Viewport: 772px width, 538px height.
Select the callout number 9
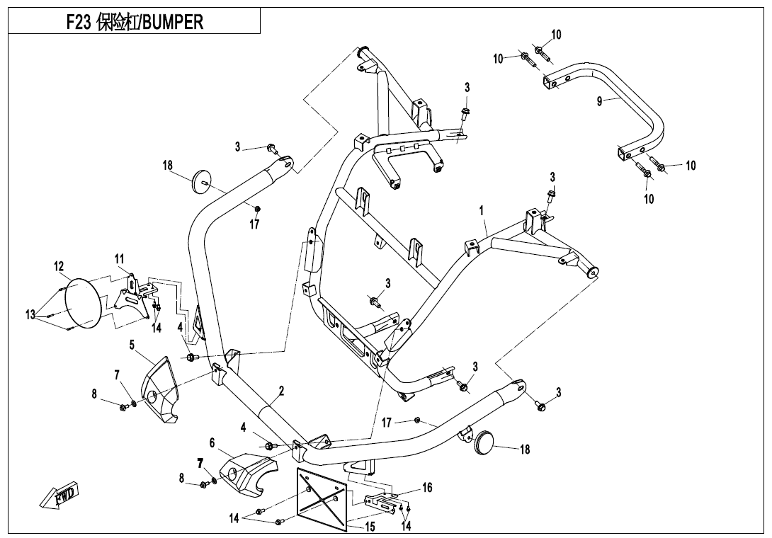[599, 101]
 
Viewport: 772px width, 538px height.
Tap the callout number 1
[482, 211]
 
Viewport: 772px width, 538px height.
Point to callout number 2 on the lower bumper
[281, 391]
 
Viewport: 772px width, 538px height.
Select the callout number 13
[30, 315]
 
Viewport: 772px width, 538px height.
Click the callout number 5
[132, 345]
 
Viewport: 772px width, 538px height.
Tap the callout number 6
[212, 442]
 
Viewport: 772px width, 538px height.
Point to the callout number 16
[427, 487]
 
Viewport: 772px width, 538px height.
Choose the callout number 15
[370, 527]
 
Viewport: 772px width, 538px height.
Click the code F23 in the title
[78, 23]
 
